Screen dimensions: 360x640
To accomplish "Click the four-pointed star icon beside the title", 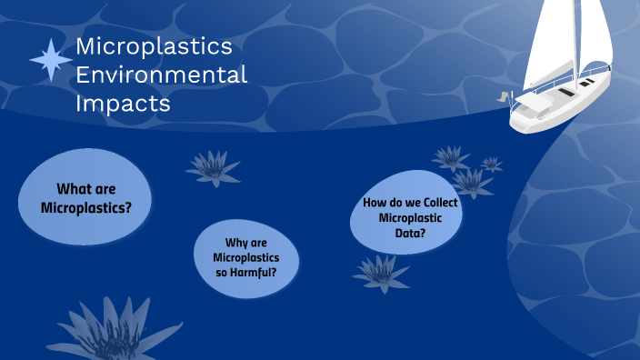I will (x=50, y=61).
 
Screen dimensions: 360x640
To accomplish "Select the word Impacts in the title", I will (x=123, y=104).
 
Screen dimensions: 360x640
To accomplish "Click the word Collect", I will (x=438, y=203).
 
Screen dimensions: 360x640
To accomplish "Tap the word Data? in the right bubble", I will (x=411, y=234).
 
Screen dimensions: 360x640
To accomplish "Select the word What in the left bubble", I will (x=74, y=189).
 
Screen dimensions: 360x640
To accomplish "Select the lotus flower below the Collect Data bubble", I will (x=381, y=272).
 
